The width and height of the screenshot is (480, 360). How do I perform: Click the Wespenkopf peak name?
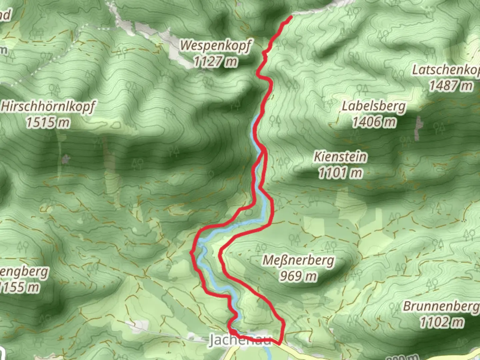(x=216, y=46)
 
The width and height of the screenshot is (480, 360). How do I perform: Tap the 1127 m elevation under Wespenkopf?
(x=216, y=61)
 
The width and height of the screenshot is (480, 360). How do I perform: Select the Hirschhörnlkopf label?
(x=48, y=107)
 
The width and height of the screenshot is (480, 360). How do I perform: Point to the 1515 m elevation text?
(x=48, y=123)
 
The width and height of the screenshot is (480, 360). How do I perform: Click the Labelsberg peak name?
(x=374, y=106)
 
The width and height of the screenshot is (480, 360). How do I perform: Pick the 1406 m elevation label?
(x=374, y=122)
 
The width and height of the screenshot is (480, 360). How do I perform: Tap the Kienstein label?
(x=340, y=157)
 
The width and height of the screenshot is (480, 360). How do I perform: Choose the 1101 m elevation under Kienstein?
(x=340, y=173)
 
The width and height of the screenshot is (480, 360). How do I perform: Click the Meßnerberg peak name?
(x=298, y=260)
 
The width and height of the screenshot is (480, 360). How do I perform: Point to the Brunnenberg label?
(x=441, y=306)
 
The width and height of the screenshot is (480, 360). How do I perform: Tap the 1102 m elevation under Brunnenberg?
(x=441, y=322)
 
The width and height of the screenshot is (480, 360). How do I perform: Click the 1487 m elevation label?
(x=450, y=86)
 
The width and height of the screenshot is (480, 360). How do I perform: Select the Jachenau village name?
(x=240, y=340)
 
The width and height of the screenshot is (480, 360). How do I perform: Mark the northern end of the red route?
(x=291, y=17)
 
